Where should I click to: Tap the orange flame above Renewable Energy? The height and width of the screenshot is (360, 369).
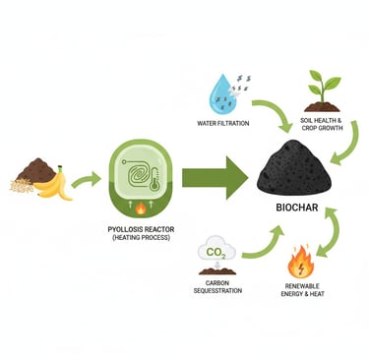(300, 264)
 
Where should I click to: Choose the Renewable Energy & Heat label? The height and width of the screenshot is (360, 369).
(300, 293)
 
